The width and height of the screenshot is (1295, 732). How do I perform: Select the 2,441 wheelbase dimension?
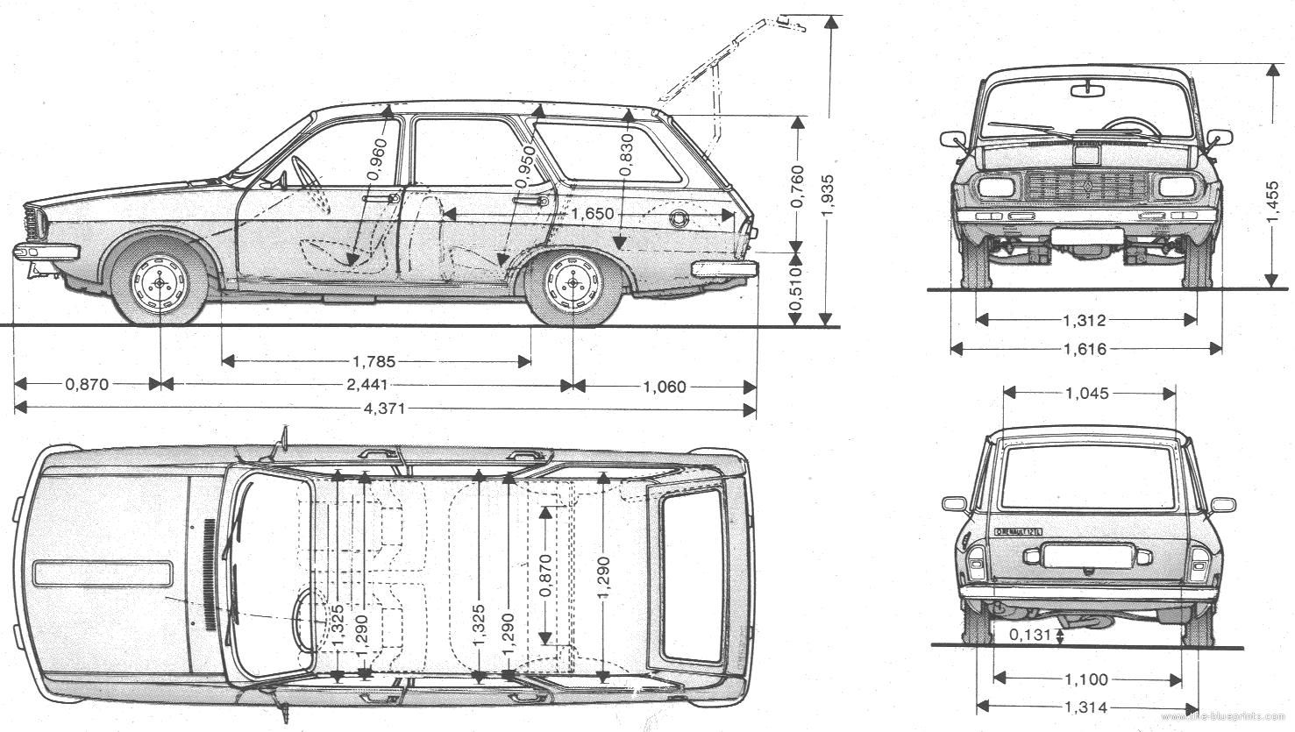366,384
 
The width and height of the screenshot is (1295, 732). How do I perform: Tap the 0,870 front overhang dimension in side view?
86,384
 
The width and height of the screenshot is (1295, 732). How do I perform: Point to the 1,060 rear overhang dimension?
665,386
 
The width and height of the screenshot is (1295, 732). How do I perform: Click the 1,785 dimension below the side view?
374,360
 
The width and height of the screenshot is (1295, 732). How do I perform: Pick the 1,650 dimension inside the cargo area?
592,215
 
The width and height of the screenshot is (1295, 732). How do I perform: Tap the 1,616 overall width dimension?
1085,349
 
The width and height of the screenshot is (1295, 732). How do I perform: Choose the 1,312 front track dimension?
1085,320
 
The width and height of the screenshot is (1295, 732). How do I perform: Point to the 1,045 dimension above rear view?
1087,394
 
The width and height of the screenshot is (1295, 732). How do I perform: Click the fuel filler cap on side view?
679,217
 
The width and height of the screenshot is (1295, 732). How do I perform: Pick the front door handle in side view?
382,200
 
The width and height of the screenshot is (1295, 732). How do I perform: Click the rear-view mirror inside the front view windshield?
1087,89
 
